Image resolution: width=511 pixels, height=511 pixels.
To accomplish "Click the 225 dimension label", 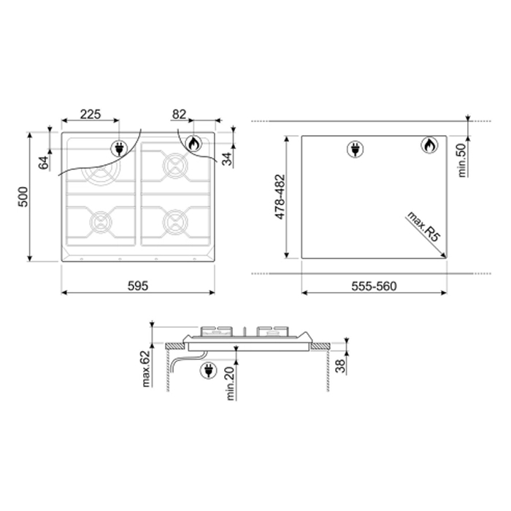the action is pos(91,115).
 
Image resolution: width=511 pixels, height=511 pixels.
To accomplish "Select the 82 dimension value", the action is pos(180,115).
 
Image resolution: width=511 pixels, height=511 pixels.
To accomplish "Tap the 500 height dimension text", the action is pos(23,197).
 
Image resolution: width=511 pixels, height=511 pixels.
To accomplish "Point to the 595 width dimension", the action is pos(138,286).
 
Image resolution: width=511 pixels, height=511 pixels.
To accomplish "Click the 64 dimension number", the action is pos(44,163).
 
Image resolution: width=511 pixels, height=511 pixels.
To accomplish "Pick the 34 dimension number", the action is pos(227,158).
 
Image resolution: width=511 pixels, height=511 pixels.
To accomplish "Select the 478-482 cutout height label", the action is pos(280,197).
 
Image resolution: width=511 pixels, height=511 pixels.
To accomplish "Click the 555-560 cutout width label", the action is pos(374,286).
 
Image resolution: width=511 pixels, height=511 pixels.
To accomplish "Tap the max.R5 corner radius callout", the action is pos(423,226).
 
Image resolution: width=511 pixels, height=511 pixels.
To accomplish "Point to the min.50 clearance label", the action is pos(462,161).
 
